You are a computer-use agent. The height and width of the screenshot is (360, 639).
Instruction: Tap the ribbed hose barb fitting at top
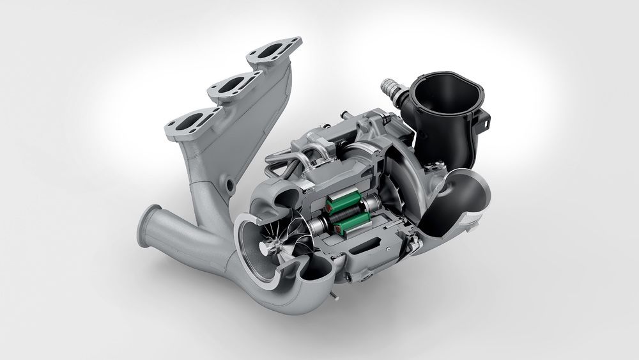pyautogui.click(x=391, y=90)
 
